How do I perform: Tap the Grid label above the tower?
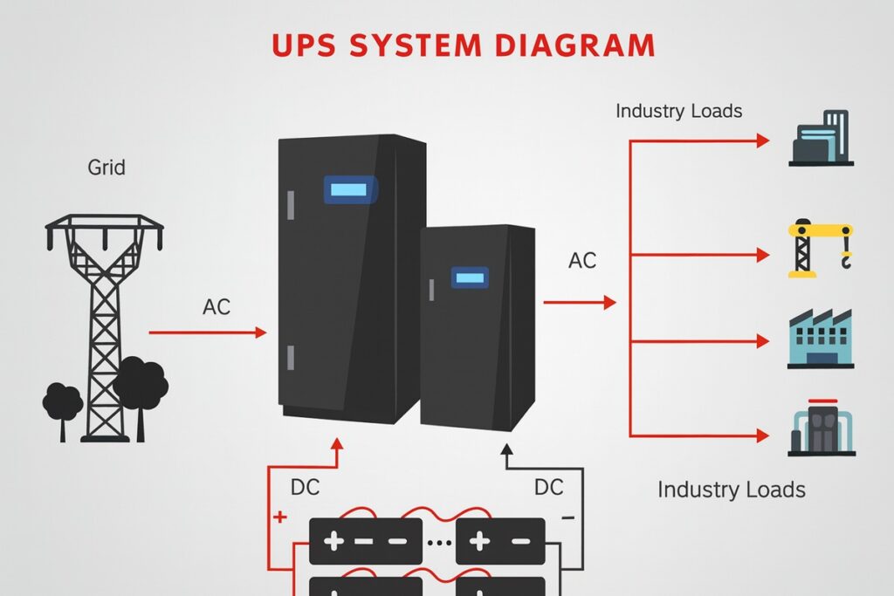point(107,167)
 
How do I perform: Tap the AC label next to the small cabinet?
point(583,260)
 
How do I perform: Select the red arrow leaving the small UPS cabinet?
point(580,303)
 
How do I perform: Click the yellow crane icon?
point(820,249)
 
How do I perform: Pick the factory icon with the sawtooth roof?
point(820,339)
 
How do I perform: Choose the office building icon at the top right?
point(821,139)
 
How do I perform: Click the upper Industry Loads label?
point(678,112)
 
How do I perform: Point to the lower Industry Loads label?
point(731,489)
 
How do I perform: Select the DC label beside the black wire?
point(548,487)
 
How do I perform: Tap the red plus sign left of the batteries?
point(280,517)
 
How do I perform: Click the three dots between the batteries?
point(439,541)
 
